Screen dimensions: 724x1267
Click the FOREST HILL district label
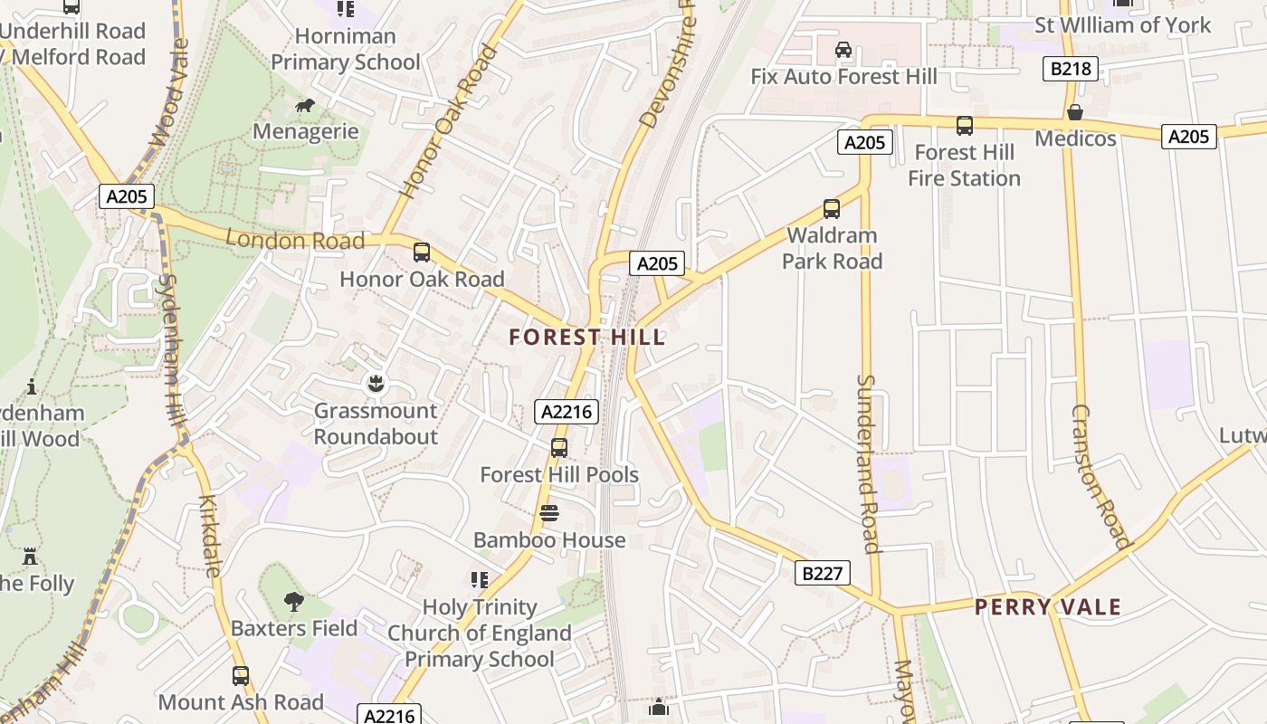(586, 338)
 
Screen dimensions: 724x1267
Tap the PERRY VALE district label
(1048, 607)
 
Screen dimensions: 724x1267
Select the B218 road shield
(1070, 69)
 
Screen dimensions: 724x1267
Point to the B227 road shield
(823, 573)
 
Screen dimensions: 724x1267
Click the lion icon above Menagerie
(305, 106)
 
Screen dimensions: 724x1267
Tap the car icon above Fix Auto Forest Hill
(843, 50)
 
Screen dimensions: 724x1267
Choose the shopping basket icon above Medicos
(1075, 112)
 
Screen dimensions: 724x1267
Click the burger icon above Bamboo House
(549, 513)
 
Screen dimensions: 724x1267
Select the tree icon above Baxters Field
(293, 601)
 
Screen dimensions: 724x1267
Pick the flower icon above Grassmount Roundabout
(376, 384)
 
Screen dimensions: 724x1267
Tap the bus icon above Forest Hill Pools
(559, 447)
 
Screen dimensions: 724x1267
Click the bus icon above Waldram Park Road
(832, 209)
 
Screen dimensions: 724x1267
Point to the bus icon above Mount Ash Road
(240, 675)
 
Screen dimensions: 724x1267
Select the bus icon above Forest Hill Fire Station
(965, 126)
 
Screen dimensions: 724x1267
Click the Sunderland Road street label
(868, 463)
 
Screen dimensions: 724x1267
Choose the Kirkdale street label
(210, 536)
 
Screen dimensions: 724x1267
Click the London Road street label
(295, 240)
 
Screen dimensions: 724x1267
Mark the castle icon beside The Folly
(30, 556)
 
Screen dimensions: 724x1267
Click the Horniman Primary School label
(346, 50)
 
